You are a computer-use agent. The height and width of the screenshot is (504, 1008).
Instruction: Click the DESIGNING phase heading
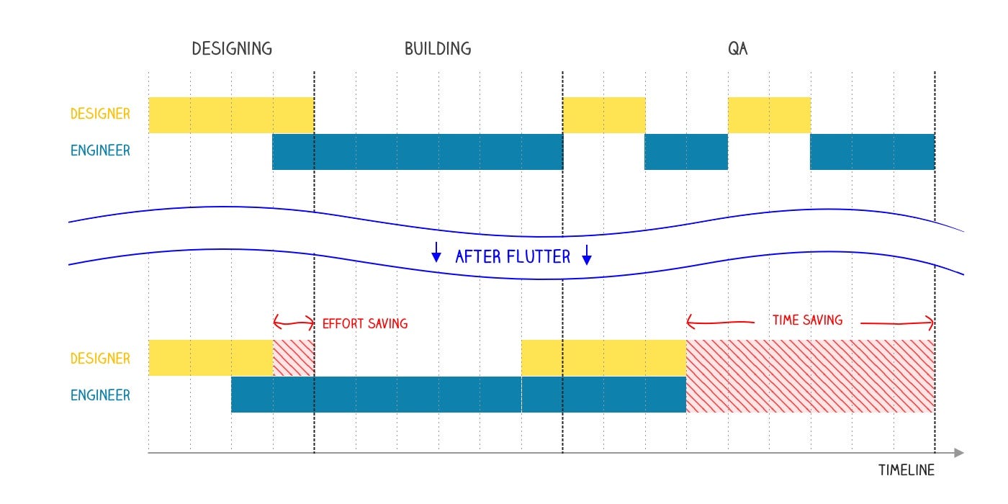tap(232, 49)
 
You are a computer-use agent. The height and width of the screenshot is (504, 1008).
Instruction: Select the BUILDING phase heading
tap(438, 49)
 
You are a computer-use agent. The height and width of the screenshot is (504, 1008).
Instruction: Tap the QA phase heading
tap(738, 49)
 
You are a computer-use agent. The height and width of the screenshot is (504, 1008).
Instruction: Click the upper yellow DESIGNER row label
tap(100, 114)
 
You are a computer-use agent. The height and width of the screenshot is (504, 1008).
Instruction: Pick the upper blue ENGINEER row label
tap(100, 150)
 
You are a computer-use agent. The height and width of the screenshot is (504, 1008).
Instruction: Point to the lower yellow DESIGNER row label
tap(100, 359)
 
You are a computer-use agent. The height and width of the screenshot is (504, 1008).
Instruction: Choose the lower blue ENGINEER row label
tap(100, 395)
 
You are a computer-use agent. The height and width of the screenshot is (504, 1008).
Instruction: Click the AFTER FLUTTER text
tap(513, 257)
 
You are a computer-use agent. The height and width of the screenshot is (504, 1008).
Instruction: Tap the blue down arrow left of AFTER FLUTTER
tap(436, 252)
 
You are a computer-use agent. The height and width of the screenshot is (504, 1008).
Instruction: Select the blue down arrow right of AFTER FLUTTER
tap(586, 255)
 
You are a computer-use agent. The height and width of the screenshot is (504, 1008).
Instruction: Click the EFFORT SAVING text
tap(365, 324)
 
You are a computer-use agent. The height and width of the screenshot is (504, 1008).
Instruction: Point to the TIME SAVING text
tap(807, 320)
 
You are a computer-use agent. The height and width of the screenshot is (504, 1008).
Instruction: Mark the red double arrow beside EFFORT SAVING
tap(294, 323)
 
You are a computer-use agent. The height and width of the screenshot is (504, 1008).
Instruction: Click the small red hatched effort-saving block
tap(294, 358)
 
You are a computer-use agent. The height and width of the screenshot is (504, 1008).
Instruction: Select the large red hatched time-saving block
tap(811, 376)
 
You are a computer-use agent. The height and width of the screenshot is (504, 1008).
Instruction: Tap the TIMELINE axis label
tap(906, 470)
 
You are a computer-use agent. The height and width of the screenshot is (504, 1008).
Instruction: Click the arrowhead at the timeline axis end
tap(959, 453)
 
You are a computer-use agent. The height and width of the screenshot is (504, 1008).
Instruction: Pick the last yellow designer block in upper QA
tap(770, 114)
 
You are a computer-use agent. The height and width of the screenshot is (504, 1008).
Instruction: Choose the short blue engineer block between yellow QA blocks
tap(686, 152)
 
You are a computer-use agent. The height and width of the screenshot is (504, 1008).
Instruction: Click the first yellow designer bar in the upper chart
tap(231, 114)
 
